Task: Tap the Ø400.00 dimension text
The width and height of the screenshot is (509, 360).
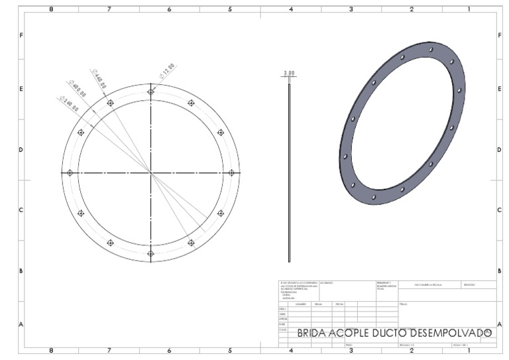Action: coord(77,88)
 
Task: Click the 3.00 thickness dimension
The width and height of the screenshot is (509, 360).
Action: coord(289,73)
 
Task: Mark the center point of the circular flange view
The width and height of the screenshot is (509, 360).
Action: coord(151,172)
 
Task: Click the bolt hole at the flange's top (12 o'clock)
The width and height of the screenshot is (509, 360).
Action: coord(151,91)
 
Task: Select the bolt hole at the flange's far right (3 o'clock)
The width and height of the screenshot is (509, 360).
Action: coord(231,172)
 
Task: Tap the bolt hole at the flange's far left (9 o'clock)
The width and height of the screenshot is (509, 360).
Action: coord(70,172)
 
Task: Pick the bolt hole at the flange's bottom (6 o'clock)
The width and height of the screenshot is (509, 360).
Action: coord(151,253)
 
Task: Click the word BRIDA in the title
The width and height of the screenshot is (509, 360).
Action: coord(311,333)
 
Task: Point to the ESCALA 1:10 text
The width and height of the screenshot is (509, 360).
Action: coord(406,345)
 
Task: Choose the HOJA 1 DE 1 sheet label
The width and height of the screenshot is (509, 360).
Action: coord(460,345)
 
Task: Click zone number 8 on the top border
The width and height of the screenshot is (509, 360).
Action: coord(52,9)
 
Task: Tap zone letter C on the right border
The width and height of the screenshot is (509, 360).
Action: coord(498,210)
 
